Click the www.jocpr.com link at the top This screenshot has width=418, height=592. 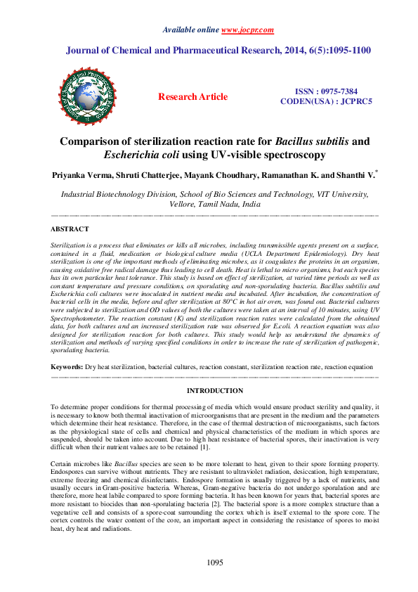pyautogui.click(x=247, y=30)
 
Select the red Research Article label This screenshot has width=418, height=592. pyautogui.click(x=192, y=96)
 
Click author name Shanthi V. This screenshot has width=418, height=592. pyautogui.click(x=357, y=173)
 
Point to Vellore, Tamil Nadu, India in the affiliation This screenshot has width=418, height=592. pyautogui.click(x=215, y=204)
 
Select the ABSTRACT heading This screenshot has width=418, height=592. pyautogui.click(x=70, y=229)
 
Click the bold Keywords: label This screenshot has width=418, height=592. pyautogui.click(x=68, y=368)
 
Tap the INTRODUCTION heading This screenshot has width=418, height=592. pyautogui.click(x=214, y=390)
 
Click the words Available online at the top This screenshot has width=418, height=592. pyautogui.click(x=191, y=30)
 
